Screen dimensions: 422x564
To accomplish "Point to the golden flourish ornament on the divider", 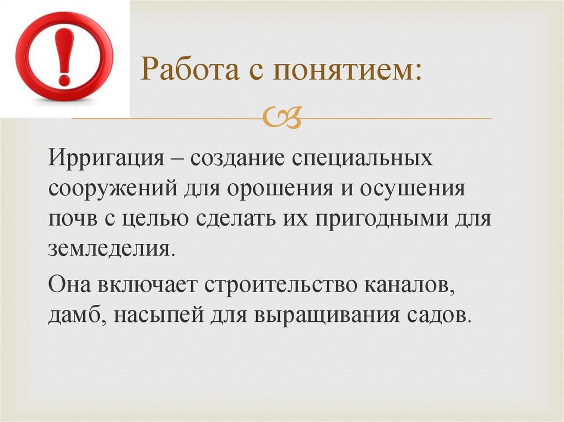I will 282,118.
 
